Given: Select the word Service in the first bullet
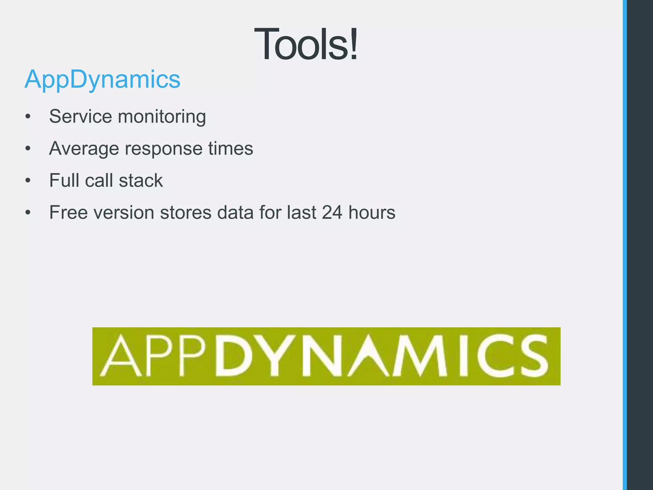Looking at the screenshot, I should click(81, 116).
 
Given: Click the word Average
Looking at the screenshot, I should click(84, 149).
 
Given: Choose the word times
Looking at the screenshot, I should click(231, 148).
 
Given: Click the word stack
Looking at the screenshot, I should click(141, 181).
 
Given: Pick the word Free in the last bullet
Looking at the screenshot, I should click(68, 212).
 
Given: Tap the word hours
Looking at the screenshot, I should click(372, 212).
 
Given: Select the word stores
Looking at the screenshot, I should click(186, 212).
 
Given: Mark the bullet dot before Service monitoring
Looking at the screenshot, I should click(28, 117).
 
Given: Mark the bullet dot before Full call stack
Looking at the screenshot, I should click(28, 181).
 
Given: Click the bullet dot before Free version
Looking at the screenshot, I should click(28, 213).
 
